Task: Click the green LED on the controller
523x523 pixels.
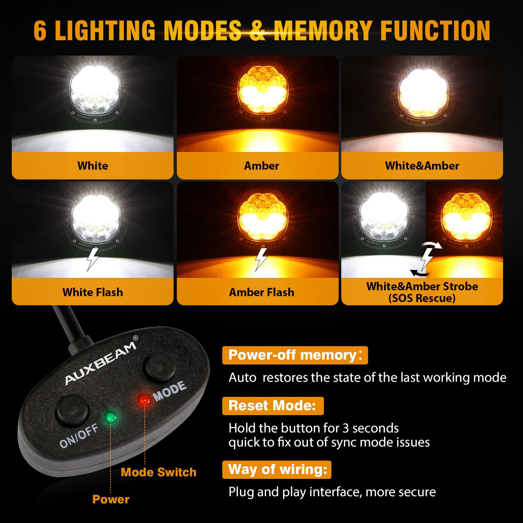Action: pos(111,417)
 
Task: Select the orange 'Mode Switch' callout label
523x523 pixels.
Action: pos(159,472)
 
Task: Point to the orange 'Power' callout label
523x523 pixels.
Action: pos(111,499)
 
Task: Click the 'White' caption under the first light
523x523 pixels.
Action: pos(93,166)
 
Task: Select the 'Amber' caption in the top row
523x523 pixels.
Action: pos(261,166)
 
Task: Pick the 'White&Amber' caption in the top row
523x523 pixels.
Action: pos(422,166)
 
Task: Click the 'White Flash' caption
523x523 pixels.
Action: pos(93,292)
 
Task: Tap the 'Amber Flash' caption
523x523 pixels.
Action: pos(261,292)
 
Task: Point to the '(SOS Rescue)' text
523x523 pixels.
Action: pos(422,298)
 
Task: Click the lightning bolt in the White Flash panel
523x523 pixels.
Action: pos(93,259)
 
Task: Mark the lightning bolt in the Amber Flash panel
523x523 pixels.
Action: pos(261,259)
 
